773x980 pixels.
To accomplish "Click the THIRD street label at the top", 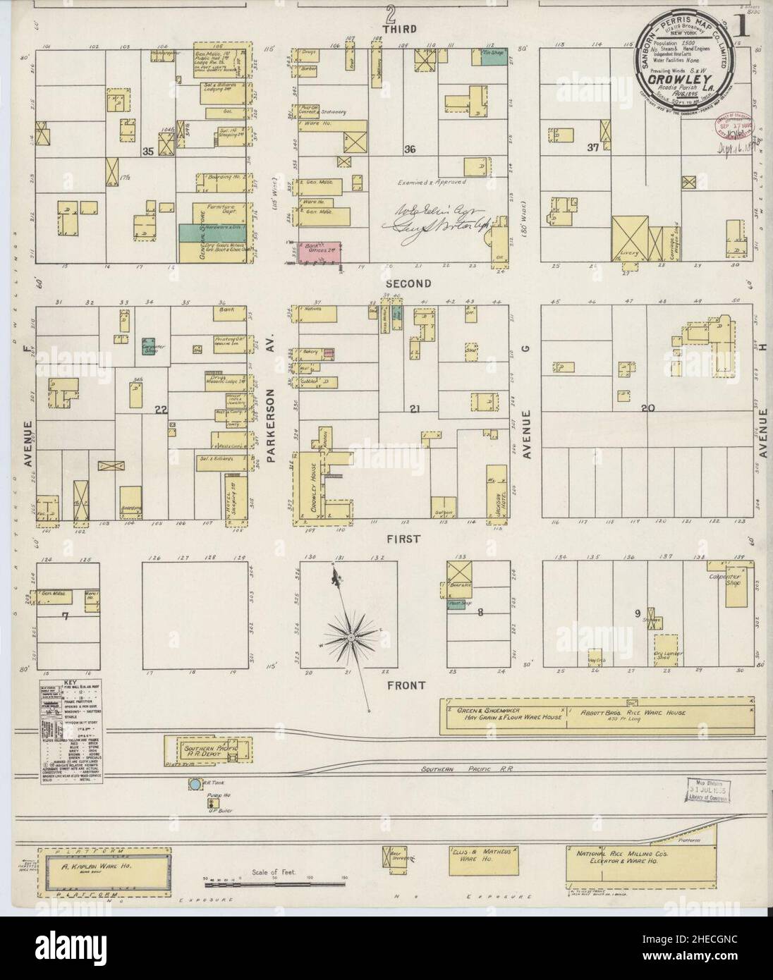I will (399, 29).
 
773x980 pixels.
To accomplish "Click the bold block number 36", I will (410, 149).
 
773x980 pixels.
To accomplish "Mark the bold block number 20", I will (648, 408).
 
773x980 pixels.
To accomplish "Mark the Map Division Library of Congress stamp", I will (707, 790).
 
